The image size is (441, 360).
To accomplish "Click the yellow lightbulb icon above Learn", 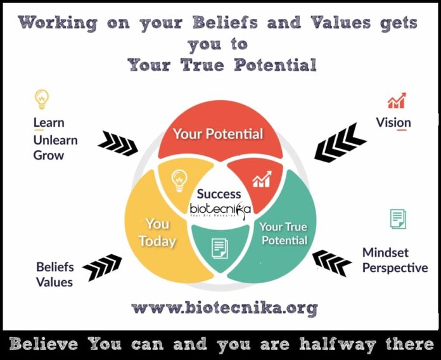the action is pyautogui.click(x=41, y=100).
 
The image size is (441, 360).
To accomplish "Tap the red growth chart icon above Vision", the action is pyautogui.click(x=397, y=100).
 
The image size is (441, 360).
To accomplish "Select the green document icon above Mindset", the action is pyautogui.click(x=398, y=219).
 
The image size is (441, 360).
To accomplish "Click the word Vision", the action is pyautogui.click(x=393, y=122).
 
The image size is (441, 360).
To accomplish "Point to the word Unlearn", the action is pyautogui.click(x=55, y=140).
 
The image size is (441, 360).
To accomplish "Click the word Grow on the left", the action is pyautogui.click(x=49, y=155).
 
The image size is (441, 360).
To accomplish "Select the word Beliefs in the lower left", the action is pyautogui.click(x=55, y=267).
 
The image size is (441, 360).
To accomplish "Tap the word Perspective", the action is pyautogui.click(x=395, y=267).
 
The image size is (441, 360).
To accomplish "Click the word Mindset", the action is pyautogui.click(x=385, y=252).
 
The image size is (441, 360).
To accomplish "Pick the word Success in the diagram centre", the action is pyautogui.click(x=219, y=194).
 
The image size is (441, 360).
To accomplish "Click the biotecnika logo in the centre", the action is pyautogui.click(x=220, y=210).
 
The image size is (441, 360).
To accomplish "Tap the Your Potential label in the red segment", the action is pyautogui.click(x=218, y=134).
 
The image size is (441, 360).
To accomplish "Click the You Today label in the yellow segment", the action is pyautogui.click(x=157, y=233).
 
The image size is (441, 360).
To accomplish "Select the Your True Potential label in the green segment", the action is pyautogui.click(x=284, y=233).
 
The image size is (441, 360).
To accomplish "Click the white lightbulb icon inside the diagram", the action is pyautogui.click(x=179, y=181).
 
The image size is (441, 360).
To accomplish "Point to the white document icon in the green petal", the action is pyautogui.click(x=220, y=248).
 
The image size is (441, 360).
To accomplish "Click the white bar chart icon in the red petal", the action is pyautogui.click(x=262, y=179).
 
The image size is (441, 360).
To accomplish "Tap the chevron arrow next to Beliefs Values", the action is pyautogui.click(x=102, y=267).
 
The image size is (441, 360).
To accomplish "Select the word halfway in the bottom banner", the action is pyautogui.click(x=338, y=345).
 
